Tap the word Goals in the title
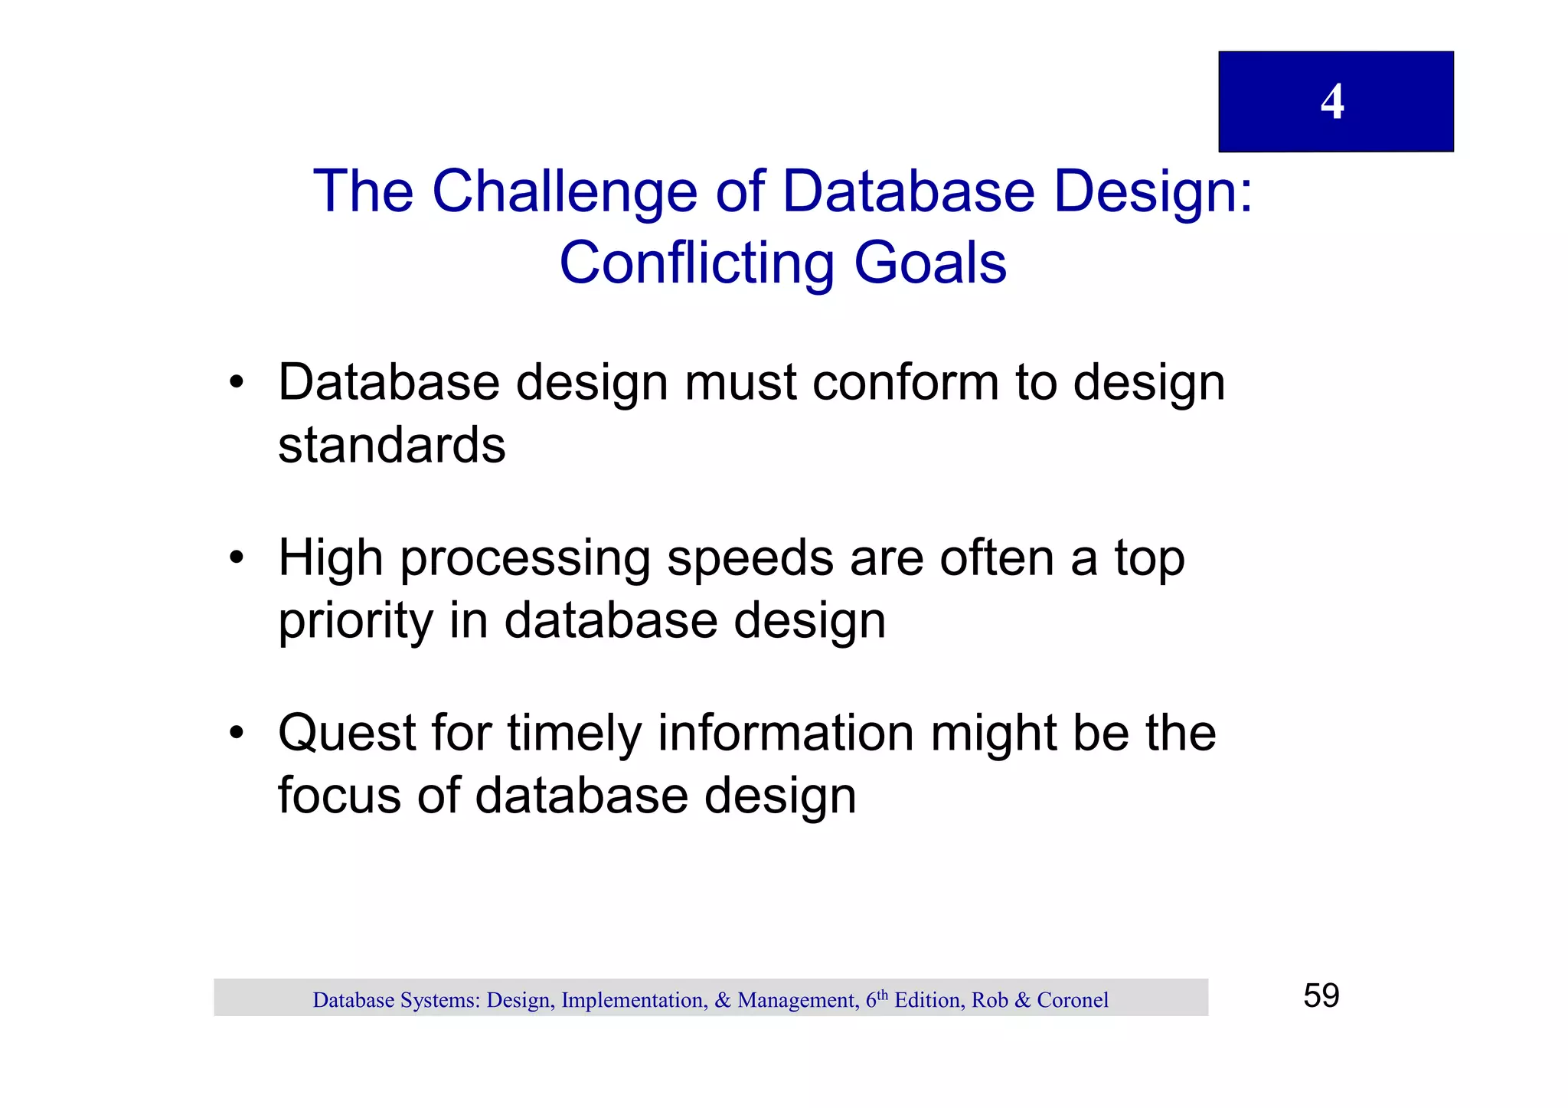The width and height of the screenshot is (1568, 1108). (929, 263)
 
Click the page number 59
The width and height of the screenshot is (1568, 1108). (1321, 996)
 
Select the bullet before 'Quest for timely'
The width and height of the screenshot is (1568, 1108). (236, 732)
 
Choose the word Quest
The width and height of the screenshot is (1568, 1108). (346, 734)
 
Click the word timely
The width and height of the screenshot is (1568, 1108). (573, 734)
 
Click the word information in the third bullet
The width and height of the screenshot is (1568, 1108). (786, 734)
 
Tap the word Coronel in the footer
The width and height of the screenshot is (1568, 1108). (1072, 1000)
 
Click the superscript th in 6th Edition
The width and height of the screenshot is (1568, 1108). (882, 995)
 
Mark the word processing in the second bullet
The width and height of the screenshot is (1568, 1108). (524, 558)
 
